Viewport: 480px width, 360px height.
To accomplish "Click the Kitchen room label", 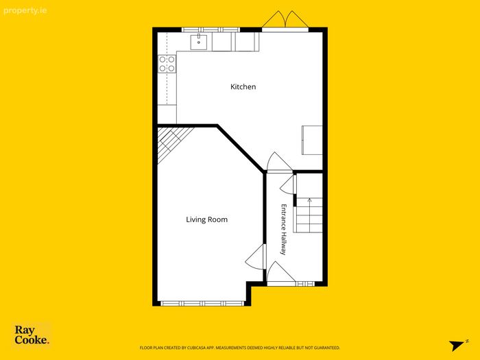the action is pyautogui.click(x=243, y=86).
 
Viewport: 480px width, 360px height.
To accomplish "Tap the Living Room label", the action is pyautogui.click(x=206, y=219).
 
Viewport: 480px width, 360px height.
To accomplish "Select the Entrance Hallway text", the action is pyautogui.click(x=284, y=229).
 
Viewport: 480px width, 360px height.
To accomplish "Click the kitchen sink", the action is pyautogui.click(x=199, y=42).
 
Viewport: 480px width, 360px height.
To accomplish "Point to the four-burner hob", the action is pyautogui.click(x=167, y=64).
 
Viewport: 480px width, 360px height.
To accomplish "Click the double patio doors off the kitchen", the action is pyautogui.click(x=285, y=20).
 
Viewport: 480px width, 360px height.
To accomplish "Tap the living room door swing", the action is pyautogui.click(x=255, y=257).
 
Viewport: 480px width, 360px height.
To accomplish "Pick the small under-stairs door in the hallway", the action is pyautogui.click(x=288, y=184).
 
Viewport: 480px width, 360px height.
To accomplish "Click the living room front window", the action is pyautogui.click(x=202, y=304).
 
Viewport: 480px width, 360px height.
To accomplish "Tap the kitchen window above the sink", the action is pyautogui.click(x=211, y=29).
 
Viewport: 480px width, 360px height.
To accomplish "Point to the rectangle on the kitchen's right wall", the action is pyautogui.click(x=312, y=140).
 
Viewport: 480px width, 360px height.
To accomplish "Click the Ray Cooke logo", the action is pyautogui.click(x=32, y=335).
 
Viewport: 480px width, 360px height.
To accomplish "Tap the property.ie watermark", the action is pyautogui.click(x=25, y=11).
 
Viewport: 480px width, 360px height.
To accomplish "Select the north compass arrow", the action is pyautogui.click(x=458, y=345).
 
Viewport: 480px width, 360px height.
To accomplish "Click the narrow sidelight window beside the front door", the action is pyautogui.click(x=305, y=284).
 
